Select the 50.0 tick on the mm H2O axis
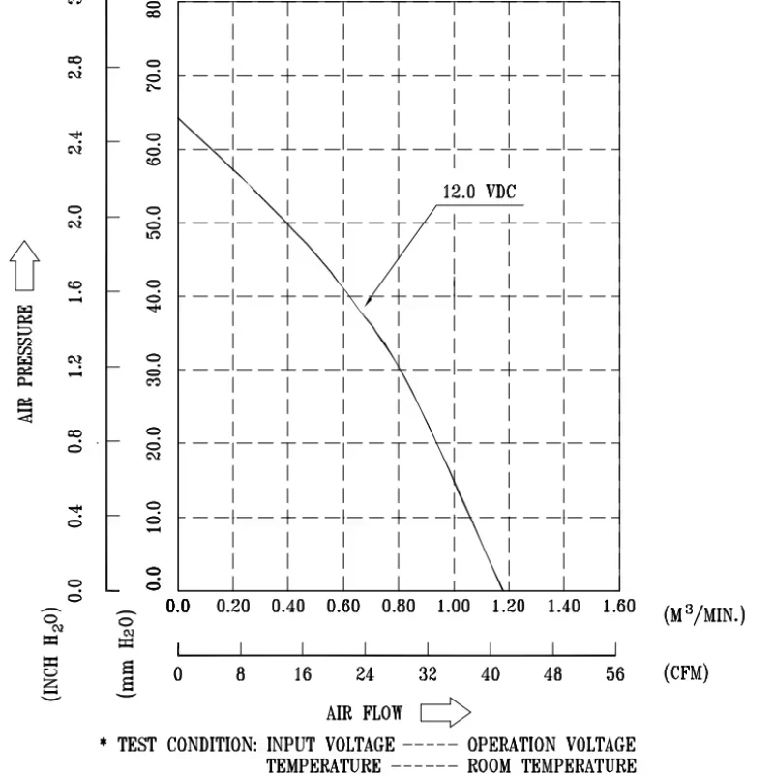click(155, 223)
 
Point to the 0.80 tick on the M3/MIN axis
click(399, 607)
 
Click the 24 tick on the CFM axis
click(365, 674)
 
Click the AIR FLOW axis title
click(365, 713)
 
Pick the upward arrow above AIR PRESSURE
click(24, 265)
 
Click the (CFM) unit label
click(685, 673)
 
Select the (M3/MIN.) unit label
click(704, 613)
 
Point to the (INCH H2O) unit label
click(52, 655)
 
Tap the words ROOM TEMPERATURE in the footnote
click(551, 765)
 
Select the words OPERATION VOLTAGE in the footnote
click(551, 745)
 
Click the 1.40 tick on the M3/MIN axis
click(564, 607)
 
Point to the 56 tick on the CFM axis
click(616, 674)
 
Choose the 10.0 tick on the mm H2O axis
click(155, 518)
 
